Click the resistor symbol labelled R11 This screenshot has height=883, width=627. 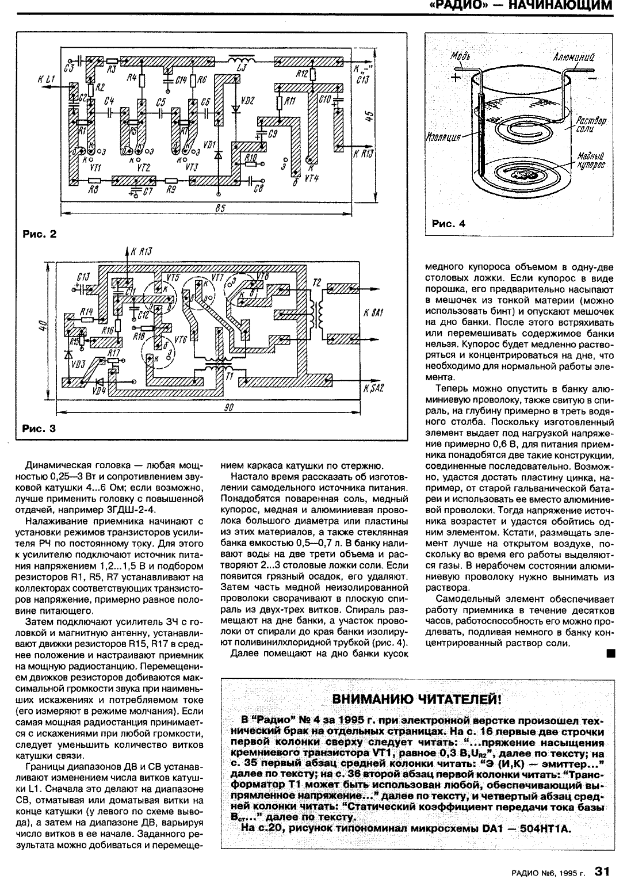tap(280, 103)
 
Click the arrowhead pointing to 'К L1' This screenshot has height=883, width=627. tap(59, 81)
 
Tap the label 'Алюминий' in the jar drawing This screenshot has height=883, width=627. tap(572, 57)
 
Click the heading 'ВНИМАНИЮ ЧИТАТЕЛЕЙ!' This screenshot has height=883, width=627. tap(417, 699)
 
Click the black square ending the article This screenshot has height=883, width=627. tap(610, 653)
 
